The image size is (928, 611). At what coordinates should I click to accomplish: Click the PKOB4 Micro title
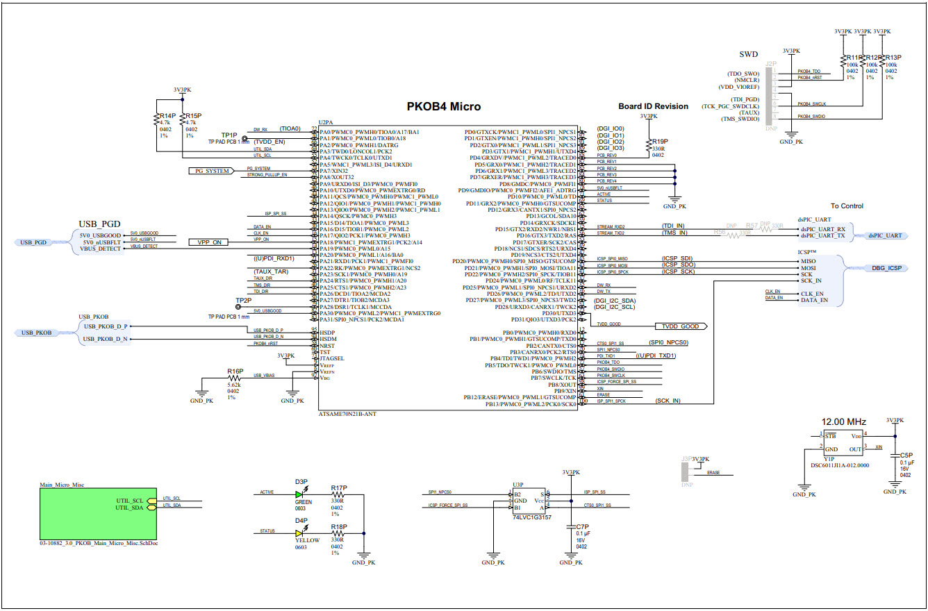point(443,107)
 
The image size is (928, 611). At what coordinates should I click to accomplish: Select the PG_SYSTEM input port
point(209,171)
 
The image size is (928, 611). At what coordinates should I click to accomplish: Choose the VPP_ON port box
point(209,242)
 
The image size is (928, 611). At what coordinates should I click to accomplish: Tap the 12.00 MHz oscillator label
point(844,422)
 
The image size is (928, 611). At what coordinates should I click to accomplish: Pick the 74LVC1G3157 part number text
point(531,517)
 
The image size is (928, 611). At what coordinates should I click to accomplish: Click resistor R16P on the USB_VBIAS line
point(234,378)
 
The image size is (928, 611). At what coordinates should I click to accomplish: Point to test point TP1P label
point(229,135)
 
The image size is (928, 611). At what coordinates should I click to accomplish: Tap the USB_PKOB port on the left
point(37,333)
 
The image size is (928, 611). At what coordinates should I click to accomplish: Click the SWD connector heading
point(748,54)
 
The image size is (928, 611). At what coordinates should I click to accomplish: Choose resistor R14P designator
point(167,116)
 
